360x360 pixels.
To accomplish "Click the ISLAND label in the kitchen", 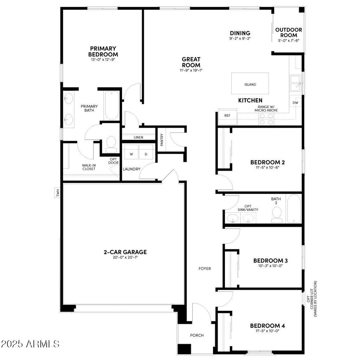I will pos(250,85).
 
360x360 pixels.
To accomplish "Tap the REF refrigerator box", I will pos(227,116).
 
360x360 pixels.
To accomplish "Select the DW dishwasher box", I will pos(295,103).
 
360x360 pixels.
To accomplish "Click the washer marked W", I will pos(131,154).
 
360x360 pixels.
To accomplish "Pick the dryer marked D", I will pos(146,154).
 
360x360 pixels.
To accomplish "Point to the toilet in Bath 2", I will pos(277,214).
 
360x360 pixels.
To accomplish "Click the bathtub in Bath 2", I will pos(294,209).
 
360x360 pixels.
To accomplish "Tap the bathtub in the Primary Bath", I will pos(112,105).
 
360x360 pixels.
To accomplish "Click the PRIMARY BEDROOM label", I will pos(103,51).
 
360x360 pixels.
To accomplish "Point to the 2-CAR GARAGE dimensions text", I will pos(125,257).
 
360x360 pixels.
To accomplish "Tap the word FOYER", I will pos(205,269).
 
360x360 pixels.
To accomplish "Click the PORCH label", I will pos(197,335).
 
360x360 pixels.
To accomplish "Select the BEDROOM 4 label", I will pos(268,326).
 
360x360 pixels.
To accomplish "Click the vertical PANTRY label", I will pos(162,139).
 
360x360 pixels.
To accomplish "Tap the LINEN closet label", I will pos(138,137).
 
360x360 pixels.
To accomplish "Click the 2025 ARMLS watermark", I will pos(30,343).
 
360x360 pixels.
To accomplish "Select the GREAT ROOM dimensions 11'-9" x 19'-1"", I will pos(191,70).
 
